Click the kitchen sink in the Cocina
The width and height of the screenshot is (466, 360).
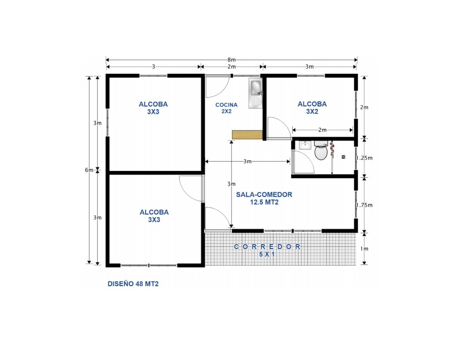click(x=256, y=93)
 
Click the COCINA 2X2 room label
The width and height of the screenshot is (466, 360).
click(x=227, y=108)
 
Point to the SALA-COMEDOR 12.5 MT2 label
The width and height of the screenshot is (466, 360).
click(x=264, y=198)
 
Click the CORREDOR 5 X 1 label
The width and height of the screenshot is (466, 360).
click(x=267, y=250)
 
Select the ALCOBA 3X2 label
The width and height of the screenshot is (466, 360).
click(x=312, y=108)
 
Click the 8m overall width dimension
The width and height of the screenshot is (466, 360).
click(x=231, y=60)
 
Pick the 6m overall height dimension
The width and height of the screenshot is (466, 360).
click(x=89, y=170)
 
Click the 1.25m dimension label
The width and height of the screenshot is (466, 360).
click(x=364, y=158)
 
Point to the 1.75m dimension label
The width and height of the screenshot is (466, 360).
click(x=364, y=205)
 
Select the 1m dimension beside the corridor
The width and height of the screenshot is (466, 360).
click(x=364, y=249)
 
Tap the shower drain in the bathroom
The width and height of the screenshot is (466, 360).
click(x=343, y=156)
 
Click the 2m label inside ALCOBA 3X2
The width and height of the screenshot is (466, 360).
click(x=322, y=130)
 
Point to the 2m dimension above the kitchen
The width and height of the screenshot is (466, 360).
click(x=231, y=67)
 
